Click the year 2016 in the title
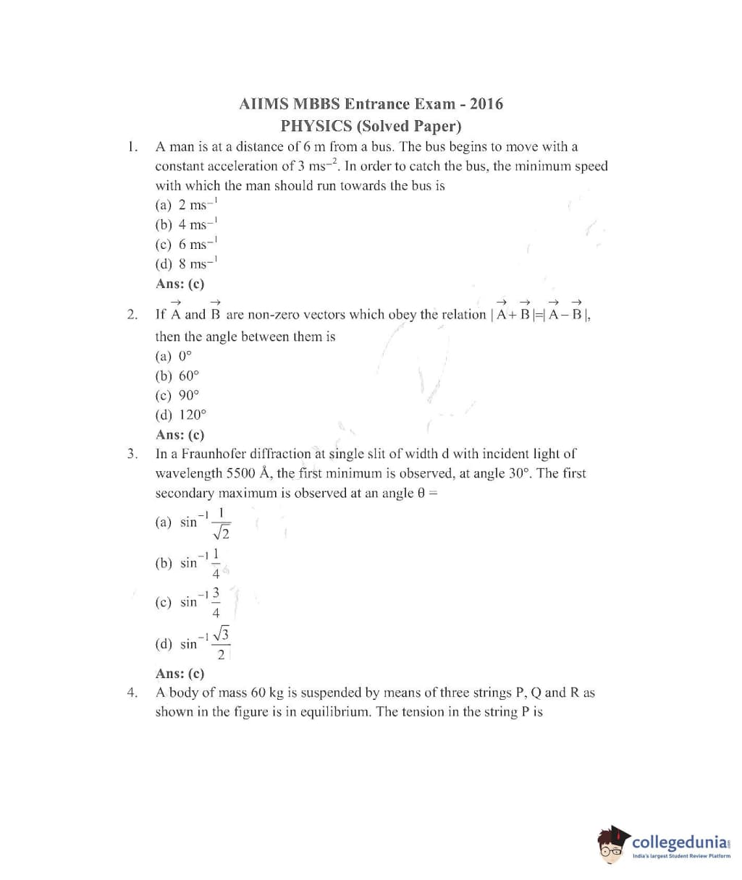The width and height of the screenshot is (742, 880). (486, 103)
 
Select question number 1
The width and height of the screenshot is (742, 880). (131, 147)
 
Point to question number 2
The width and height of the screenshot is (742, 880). (131, 315)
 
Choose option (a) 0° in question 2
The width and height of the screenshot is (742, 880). (174, 356)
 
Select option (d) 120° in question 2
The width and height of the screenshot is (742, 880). (181, 415)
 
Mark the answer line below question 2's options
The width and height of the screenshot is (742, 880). (180, 435)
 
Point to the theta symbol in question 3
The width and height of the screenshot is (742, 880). (420, 494)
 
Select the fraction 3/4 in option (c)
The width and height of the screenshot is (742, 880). (216, 602)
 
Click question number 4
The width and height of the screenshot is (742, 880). (131, 693)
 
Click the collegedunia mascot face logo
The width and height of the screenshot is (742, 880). (612, 846)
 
